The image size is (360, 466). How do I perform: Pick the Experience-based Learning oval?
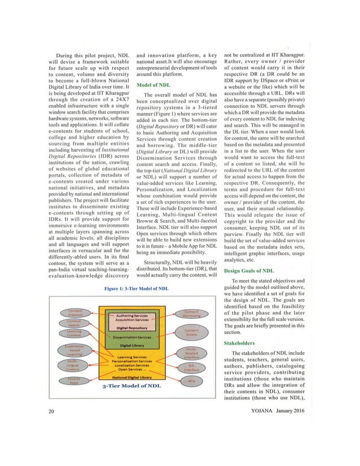pyautogui.click(x=74, y=350)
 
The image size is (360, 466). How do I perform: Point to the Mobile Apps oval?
pyautogui.click(x=74, y=381)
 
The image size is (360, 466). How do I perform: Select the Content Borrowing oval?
pyautogui.click(x=191, y=314)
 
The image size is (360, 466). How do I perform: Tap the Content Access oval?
pyautogui.click(x=191, y=332)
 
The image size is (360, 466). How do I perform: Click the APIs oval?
pyautogui.click(x=191, y=381)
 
